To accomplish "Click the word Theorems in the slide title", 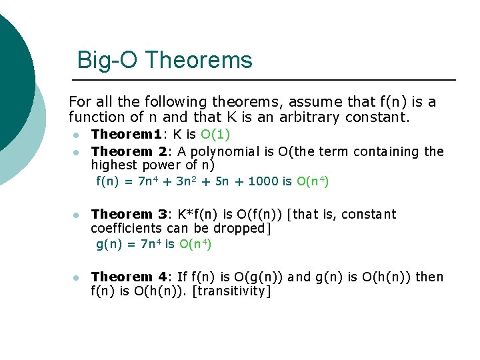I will pyautogui.click(x=199, y=60).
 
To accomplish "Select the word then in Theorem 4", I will pyautogui.click(x=429, y=277).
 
